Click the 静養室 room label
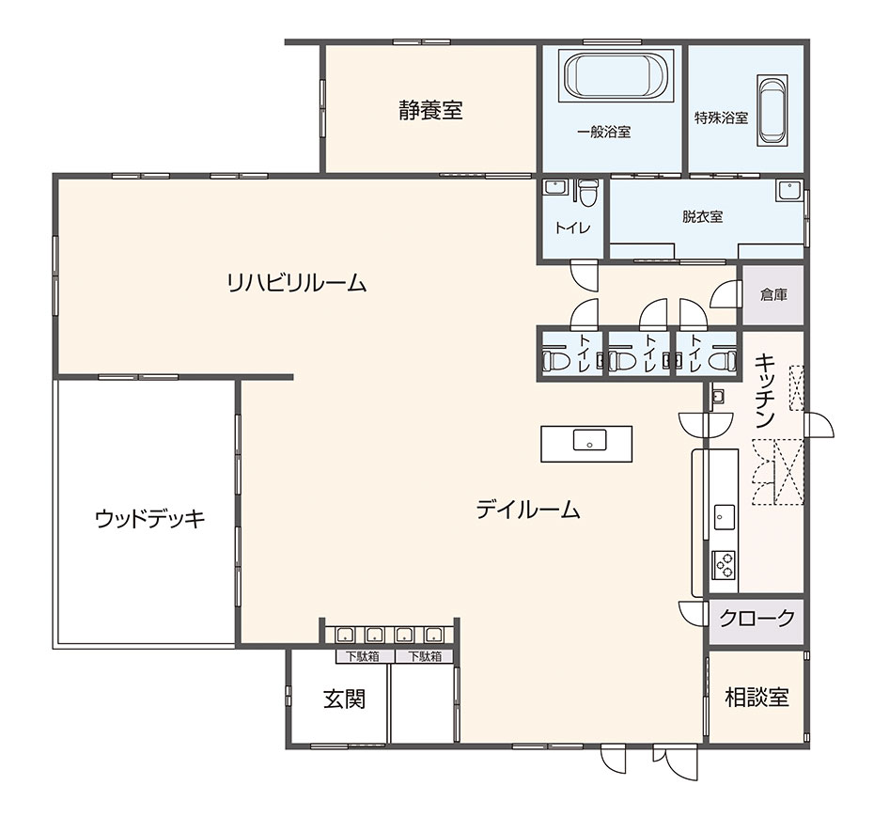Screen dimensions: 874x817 pos(430,110)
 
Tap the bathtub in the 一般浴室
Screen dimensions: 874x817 pos(616,76)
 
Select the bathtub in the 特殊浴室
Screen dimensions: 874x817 pos(772,110)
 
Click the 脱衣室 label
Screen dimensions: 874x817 pos(702,216)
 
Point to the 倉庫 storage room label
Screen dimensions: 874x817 pos(773,294)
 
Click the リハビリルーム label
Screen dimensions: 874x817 pos(297,283)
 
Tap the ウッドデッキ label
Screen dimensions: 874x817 pos(150,519)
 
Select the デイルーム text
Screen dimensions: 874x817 pos(528,510)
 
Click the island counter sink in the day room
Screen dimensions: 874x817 pos(590,440)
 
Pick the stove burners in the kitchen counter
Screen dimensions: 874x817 pos(724,565)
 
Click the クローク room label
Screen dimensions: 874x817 pos(757,618)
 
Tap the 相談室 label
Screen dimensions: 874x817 pos(757,697)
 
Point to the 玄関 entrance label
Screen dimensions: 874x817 pos(345,699)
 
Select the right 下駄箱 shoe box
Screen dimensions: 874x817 pos(425,656)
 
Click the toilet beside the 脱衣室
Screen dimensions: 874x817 pos(586,193)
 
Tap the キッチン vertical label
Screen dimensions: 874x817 pos(765,391)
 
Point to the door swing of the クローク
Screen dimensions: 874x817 pos(693,613)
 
